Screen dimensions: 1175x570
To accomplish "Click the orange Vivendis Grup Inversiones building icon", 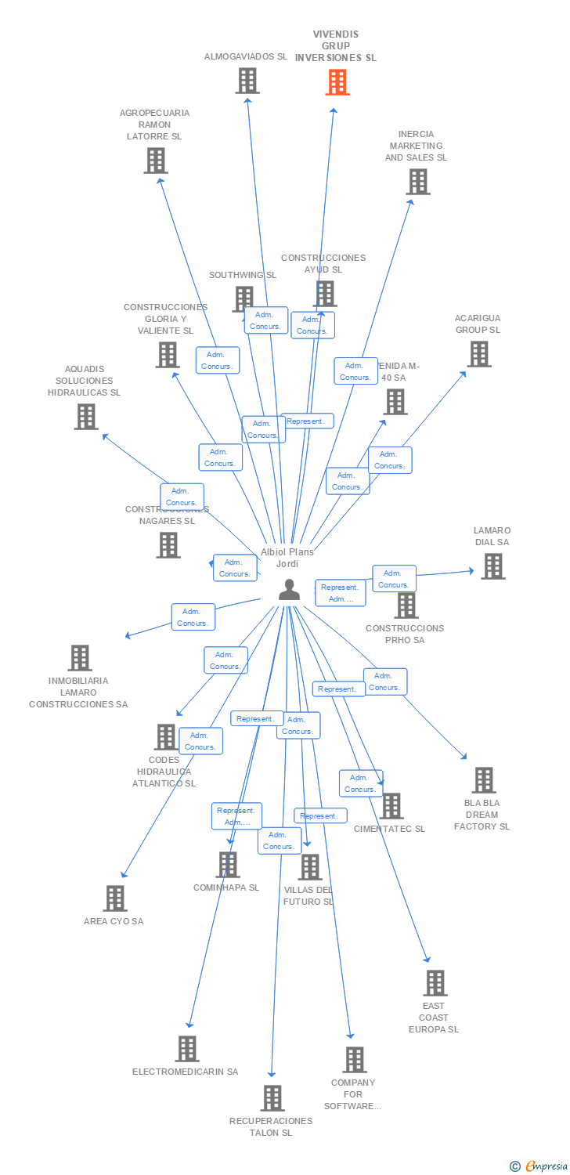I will pos(337,82).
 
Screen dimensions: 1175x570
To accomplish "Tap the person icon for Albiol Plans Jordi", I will pos(290,590).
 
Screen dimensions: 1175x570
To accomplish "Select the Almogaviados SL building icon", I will pos(247,80).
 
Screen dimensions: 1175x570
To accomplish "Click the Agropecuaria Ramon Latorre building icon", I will pos(156,161).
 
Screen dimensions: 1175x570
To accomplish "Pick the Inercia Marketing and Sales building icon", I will pos(418,182).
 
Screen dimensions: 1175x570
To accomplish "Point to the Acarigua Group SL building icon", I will pos(478,354).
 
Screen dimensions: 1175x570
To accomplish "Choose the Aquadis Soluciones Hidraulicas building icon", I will pos(86,417).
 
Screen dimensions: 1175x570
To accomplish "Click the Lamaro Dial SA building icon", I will pos(492,566).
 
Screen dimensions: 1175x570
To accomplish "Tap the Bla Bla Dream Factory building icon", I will pos(484,780).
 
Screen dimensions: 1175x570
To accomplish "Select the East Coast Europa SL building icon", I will pos(435,983).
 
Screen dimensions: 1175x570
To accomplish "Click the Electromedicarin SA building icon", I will pos(187,1049).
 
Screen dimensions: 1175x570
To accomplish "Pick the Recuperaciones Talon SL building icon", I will pos(272,1098).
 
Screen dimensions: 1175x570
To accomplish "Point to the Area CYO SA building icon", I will pos(115,898).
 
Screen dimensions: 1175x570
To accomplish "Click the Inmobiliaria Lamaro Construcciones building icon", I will pos(80,658).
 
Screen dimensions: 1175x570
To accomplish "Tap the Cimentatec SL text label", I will pos(389,829).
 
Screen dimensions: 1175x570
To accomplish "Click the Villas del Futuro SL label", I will pos(308,895).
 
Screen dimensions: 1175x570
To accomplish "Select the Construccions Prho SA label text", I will pos(405,634).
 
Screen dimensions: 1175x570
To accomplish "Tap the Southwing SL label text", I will pos(243,275).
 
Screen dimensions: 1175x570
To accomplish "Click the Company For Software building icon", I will pos(355,1060).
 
